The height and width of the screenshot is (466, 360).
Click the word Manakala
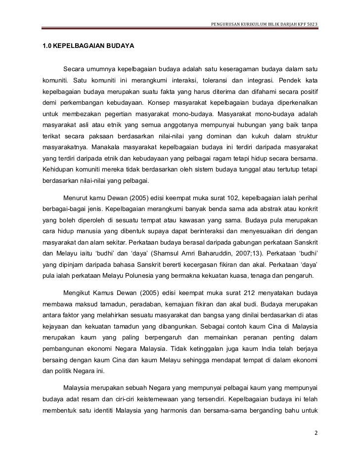[x=105, y=147]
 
